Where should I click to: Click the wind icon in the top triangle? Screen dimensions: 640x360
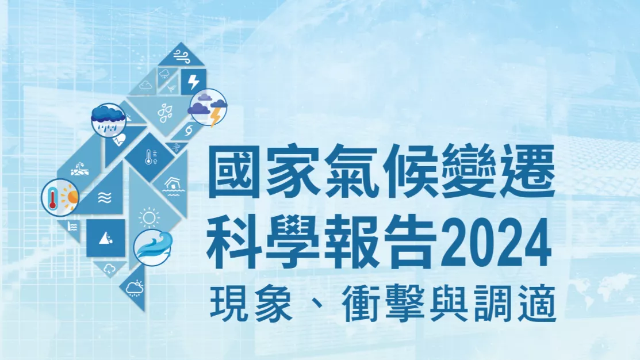coord(182,56)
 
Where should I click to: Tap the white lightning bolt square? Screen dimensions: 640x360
coord(193,82)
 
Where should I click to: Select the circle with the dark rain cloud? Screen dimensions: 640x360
coord(108,120)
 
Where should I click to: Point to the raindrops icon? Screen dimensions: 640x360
coord(165,113)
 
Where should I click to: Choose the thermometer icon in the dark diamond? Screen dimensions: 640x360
coord(151,157)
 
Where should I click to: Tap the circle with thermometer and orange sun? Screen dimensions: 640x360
coord(60,197)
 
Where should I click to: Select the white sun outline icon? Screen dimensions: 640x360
coord(149,217)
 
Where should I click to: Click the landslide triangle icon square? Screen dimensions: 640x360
coord(106,238)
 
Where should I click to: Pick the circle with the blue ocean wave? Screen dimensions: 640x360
coord(152,248)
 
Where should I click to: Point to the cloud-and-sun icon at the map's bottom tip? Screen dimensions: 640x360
coord(135,288)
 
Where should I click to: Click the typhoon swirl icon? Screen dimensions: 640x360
coord(189,131)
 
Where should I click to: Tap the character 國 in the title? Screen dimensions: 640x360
coord(234,171)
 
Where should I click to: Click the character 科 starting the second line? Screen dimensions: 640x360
coord(233,244)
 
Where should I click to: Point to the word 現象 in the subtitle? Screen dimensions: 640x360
coord(251,303)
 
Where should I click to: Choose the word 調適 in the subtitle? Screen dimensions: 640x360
coord(516,303)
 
